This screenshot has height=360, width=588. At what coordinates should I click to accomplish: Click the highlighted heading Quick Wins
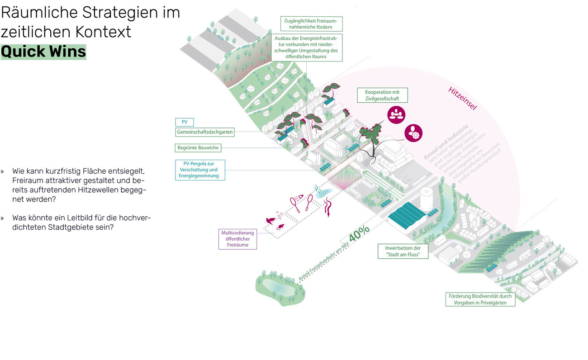coord(43,52)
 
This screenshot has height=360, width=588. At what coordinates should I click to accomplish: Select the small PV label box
coord(185,122)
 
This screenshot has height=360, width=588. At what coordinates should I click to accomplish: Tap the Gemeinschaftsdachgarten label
coord(205,132)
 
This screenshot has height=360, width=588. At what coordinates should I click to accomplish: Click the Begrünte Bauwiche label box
coord(198,148)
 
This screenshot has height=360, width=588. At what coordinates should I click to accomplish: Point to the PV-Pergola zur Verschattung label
coord(200,170)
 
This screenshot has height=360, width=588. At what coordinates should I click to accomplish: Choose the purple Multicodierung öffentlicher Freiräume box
coord(238,239)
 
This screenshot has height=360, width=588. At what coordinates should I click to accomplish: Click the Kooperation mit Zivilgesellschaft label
coord(382,95)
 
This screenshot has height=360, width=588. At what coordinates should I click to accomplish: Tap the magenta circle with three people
coord(396,114)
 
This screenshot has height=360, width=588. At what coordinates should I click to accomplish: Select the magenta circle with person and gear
coord(413,133)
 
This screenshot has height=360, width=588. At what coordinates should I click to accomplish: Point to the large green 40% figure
coord(359,232)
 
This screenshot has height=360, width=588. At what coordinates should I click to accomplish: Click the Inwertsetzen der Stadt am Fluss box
coord(403,251)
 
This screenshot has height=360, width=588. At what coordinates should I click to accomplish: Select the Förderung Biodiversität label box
coord(480,299)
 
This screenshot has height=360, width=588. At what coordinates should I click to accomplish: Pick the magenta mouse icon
coord(280,227)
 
